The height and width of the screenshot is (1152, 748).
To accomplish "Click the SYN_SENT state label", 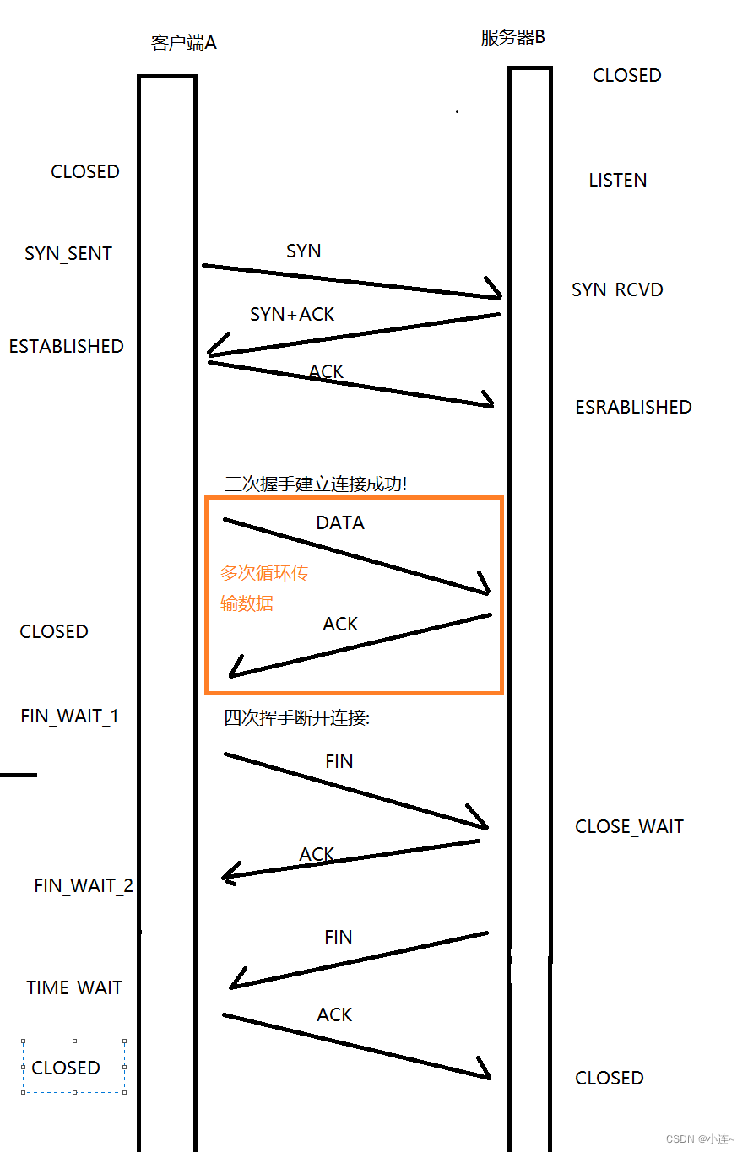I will pos(68,254).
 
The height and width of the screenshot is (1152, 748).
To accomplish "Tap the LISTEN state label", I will pos(618,181).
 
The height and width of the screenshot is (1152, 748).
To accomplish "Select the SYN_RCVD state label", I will pos(617,290).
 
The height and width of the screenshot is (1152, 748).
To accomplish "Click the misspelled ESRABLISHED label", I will pos(633,408).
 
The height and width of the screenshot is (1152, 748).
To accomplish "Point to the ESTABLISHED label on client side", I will pos(66,347).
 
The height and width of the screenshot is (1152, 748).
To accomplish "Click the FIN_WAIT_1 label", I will pos(70,717).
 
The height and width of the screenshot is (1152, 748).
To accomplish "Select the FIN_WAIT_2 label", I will pos(84,886).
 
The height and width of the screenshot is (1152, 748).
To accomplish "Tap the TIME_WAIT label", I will pos(74,988).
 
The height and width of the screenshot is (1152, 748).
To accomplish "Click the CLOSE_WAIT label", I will pos(629,827).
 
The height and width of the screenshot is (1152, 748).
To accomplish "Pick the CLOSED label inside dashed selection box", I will pos(66,1068).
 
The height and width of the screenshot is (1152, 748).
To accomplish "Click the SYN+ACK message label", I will pos(292,315).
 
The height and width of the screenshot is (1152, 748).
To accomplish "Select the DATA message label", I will pos(340,523).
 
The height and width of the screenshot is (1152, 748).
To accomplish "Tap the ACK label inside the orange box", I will pos(340,625).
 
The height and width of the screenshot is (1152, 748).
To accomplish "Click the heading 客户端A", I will pos(184,43).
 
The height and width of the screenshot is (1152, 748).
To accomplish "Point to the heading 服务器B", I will pos(513,38).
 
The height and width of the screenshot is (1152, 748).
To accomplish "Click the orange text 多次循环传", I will pos(264,574).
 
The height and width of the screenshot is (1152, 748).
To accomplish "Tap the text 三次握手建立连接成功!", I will pos(316,484).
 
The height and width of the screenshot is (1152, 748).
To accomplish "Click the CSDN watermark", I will pos(700,1139).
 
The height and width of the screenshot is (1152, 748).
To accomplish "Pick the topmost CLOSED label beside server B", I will pos(626,76).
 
